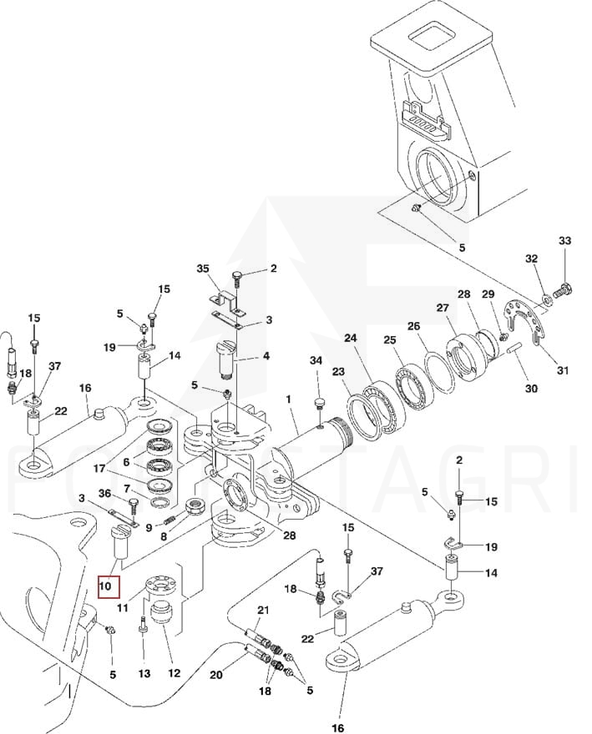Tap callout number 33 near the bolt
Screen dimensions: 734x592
(x=564, y=241)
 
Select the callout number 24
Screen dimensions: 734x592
(x=350, y=339)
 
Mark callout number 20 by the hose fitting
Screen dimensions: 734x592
(x=216, y=675)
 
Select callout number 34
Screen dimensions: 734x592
(x=315, y=360)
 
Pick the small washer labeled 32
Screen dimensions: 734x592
(x=544, y=293)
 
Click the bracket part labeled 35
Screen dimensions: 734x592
(x=224, y=299)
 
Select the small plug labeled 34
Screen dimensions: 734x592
(x=318, y=404)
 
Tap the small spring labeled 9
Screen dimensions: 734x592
(x=171, y=521)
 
